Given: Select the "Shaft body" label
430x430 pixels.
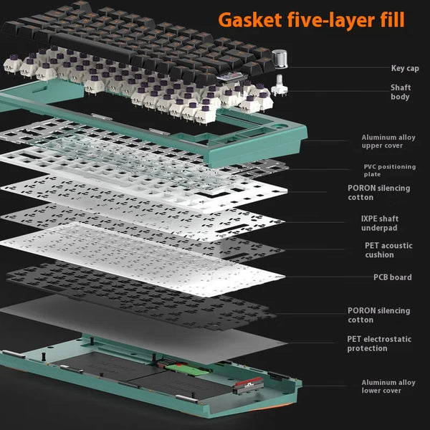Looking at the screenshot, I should pyautogui.click(x=400, y=92).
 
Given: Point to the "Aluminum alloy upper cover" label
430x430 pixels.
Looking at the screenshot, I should pyautogui.click(x=388, y=141).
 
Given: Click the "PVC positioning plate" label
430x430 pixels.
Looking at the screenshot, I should pyautogui.click(x=389, y=170).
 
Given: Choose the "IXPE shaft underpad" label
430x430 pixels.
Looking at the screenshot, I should pyautogui.click(x=379, y=223).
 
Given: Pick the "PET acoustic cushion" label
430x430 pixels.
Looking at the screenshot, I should pyautogui.click(x=388, y=250).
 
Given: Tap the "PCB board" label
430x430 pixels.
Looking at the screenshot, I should pyautogui.click(x=392, y=277).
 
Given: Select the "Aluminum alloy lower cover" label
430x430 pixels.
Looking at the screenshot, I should pyautogui.click(x=388, y=387).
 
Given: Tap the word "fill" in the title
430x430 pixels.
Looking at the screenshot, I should pyautogui.click(x=391, y=19).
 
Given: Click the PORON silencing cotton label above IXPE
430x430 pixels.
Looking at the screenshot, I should pyautogui.click(x=378, y=193).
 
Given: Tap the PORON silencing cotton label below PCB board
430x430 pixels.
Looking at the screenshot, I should pyautogui.click(x=378, y=315).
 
